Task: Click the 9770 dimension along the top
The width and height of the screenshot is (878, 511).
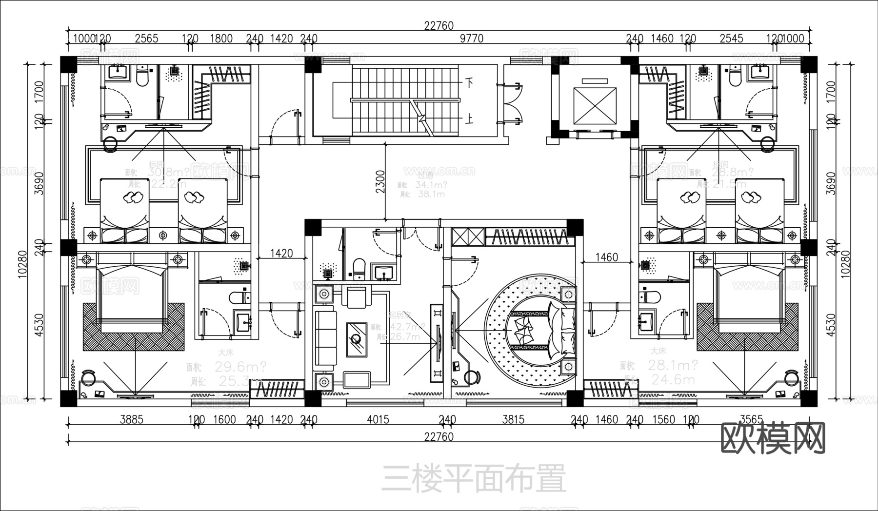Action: coord(471,39)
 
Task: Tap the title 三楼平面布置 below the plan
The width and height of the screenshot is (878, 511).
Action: coord(473,478)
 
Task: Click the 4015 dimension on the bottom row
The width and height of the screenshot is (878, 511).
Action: coord(378,419)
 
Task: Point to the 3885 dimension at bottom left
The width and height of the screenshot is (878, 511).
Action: coord(131,419)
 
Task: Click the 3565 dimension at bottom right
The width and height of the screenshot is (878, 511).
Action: coord(751,419)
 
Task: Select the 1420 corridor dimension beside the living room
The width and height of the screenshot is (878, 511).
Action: coord(281,254)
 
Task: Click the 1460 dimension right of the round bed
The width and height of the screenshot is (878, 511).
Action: coord(606,257)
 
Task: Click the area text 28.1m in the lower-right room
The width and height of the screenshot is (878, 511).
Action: coord(672,365)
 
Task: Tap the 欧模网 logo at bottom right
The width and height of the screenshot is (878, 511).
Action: coord(773,438)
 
